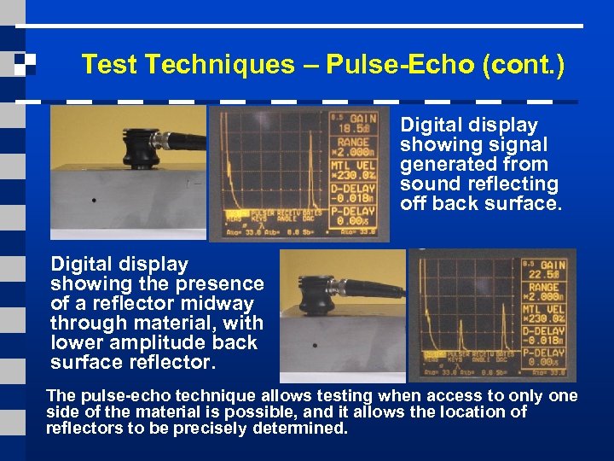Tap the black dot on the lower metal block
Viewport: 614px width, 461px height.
[x=315, y=347]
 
